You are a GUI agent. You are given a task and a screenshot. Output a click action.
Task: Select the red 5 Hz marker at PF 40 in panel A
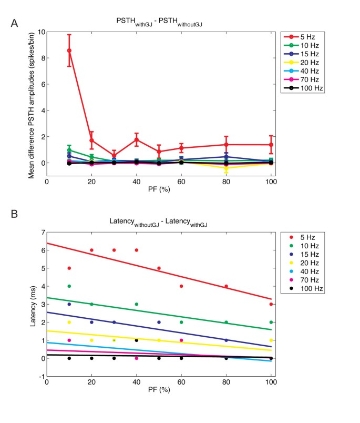click(x=137, y=139)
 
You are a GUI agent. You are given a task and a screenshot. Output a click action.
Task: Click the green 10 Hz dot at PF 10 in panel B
click(x=69, y=286)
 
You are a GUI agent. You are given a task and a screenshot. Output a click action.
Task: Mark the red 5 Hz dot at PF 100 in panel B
click(x=271, y=304)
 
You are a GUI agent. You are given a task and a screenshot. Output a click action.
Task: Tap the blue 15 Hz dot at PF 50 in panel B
click(x=159, y=322)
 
